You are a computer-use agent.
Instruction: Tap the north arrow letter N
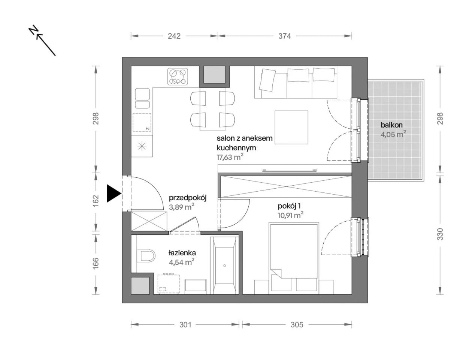(x=33, y=30)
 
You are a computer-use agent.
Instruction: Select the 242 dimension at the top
(x=174, y=36)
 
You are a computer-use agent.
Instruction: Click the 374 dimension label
(x=284, y=36)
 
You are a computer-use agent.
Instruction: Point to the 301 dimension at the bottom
(x=185, y=324)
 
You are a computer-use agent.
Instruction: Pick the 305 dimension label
(x=297, y=324)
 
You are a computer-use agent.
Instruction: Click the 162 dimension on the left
(x=96, y=201)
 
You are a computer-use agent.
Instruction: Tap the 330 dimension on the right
(x=440, y=234)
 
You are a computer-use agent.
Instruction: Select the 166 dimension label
(x=96, y=263)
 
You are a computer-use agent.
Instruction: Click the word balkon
(x=391, y=125)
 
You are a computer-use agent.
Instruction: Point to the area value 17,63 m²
(x=230, y=157)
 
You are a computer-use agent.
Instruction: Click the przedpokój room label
(x=188, y=198)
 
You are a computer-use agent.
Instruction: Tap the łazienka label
(x=182, y=253)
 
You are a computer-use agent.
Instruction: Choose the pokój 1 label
(x=289, y=206)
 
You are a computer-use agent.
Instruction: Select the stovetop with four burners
(x=178, y=76)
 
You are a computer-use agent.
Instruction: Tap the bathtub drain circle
(x=224, y=266)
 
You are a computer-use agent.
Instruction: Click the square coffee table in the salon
(x=291, y=127)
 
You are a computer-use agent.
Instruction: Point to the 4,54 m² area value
(x=181, y=262)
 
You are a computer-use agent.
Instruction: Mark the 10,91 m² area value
(x=290, y=215)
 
